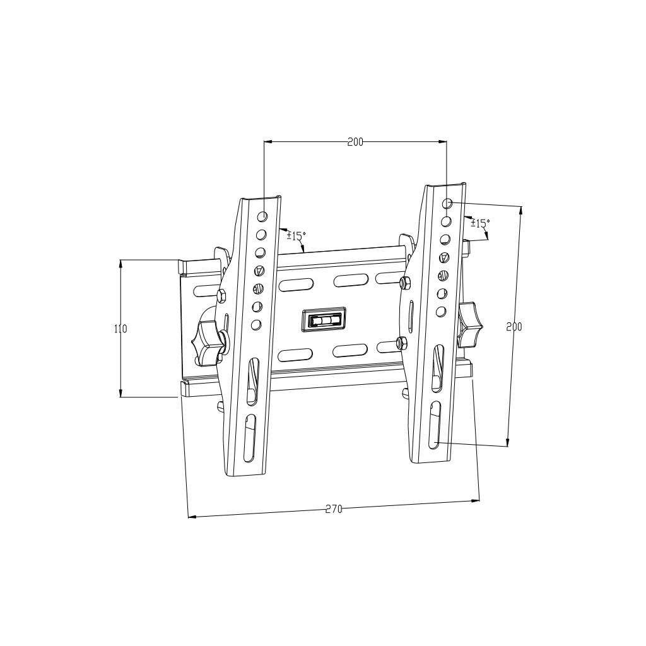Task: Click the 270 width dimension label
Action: pyautogui.click(x=334, y=509)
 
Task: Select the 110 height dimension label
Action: pyautogui.click(x=120, y=329)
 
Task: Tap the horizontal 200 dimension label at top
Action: pyautogui.click(x=355, y=142)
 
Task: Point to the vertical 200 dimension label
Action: pyautogui.click(x=514, y=327)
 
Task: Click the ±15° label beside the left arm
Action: pyautogui.click(x=296, y=236)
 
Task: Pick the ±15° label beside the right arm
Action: pyautogui.click(x=480, y=223)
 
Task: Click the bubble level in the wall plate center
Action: pyautogui.click(x=324, y=320)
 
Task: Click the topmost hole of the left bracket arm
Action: pyautogui.click(x=262, y=216)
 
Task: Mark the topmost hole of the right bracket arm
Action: pyautogui.click(x=447, y=204)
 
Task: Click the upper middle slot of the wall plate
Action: pyautogui.click(x=352, y=280)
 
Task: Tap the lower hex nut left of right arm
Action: pyautogui.click(x=399, y=343)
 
